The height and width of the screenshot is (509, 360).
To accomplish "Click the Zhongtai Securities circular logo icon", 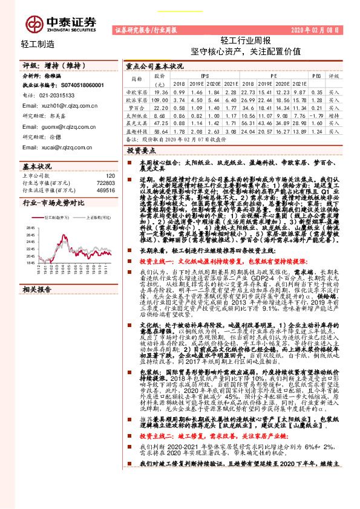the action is [x=34, y=23].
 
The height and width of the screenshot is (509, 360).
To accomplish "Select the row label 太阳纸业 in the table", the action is [x=137, y=114].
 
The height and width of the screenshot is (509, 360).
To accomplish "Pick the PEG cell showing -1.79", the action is [x=316, y=114].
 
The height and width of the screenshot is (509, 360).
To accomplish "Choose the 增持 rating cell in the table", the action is [x=334, y=114].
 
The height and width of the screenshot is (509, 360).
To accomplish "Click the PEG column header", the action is [x=316, y=77].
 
